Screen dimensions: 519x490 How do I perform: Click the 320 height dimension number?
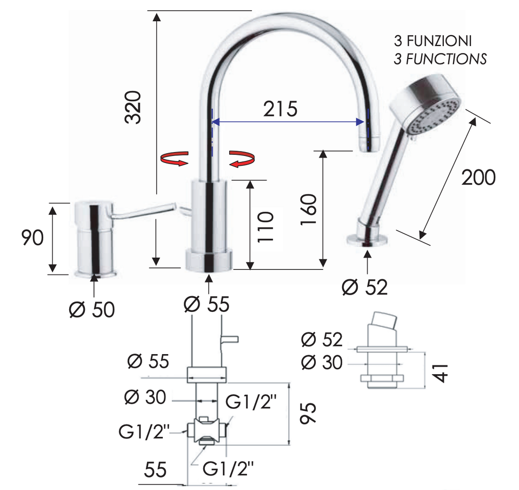[x=133, y=107]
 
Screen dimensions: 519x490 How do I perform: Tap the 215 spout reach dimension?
[x=281, y=109]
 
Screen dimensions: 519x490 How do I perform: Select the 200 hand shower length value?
[x=478, y=178]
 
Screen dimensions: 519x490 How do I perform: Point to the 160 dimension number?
[x=309, y=210]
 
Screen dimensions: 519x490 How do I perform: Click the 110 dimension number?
[x=266, y=227]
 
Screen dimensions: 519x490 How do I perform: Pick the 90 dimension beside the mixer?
[x=32, y=237]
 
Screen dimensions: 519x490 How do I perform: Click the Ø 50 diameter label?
[x=92, y=310]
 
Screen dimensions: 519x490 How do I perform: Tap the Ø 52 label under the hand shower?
[x=365, y=287]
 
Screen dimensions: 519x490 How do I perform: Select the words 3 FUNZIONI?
[x=433, y=41]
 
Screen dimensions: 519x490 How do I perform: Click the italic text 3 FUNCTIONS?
[x=440, y=59]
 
